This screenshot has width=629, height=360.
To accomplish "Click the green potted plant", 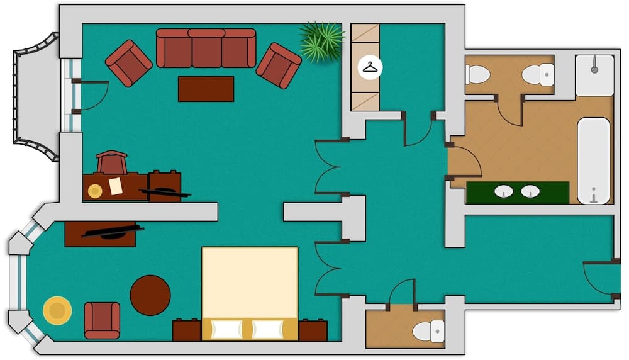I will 321,41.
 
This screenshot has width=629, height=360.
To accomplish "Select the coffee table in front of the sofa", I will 206,89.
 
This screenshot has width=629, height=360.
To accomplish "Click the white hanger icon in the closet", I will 370,66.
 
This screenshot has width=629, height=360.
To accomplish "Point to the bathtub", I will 594,160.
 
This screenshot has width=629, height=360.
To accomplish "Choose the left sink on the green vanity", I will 504,191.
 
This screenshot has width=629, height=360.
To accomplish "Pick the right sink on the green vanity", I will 530,191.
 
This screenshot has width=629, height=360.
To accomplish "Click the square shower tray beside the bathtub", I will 594,76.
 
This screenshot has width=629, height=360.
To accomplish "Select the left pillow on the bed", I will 227,329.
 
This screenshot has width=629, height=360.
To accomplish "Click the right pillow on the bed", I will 267,329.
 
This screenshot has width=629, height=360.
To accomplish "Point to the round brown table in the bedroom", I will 150,295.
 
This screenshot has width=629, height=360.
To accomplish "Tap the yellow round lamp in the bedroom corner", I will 57,310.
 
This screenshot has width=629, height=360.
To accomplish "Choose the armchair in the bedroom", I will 102,320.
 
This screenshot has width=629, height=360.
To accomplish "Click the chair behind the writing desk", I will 112,162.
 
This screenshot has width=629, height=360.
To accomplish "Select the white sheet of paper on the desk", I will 116,186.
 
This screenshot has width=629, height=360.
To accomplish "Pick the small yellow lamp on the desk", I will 95,191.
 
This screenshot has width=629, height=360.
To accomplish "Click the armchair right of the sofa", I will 278,65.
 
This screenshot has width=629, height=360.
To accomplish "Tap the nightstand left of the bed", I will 187,330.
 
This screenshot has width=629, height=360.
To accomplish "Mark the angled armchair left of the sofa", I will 128,63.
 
